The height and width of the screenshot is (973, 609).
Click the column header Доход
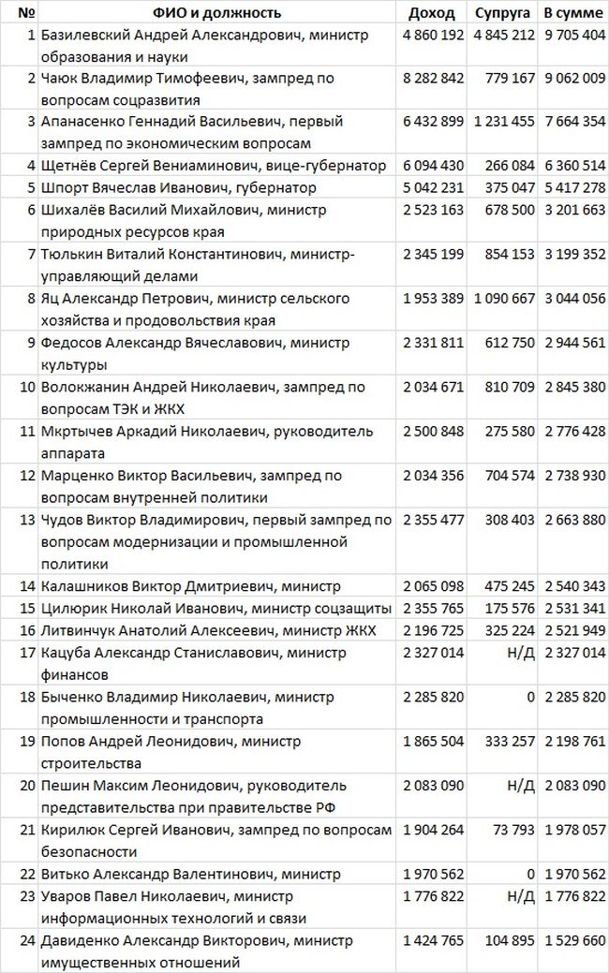(x=432, y=13)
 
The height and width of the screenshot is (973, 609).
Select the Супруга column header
(x=502, y=13)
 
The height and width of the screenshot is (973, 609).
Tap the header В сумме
(x=573, y=13)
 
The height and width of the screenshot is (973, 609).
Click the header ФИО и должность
(x=217, y=13)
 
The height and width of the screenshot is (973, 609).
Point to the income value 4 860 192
(x=434, y=35)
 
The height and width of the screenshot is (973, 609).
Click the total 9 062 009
(x=573, y=79)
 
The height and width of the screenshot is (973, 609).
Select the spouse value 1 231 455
(x=504, y=122)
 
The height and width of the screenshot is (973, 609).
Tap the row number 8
(x=31, y=299)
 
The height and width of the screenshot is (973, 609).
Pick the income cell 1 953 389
(x=434, y=299)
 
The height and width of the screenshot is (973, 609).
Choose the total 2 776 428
(x=573, y=432)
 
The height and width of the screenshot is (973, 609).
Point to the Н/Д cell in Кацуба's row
(x=521, y=653)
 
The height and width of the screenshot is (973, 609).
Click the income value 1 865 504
(x=434, y=742)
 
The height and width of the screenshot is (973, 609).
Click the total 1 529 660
(x=573, y=940)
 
